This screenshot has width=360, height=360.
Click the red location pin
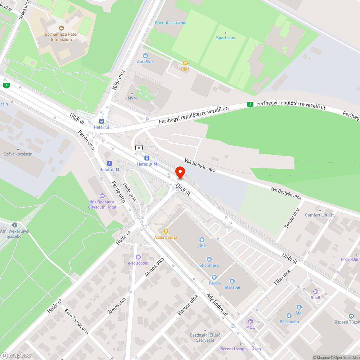[180, 172]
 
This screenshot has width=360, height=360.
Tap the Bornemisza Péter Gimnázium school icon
[61, 28]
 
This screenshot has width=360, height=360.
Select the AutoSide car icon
[145, 56]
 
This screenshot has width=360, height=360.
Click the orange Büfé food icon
[185, 63]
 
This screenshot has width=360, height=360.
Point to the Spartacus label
[225, 38]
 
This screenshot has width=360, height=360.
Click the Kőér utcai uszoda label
[171, 23]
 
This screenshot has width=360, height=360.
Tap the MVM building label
[132, 98]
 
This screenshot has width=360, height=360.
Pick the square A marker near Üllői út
[139, 147]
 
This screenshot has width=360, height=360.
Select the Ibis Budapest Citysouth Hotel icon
[102, 196]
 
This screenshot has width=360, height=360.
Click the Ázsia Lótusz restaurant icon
[166, 231]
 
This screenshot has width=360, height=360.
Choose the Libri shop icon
[202, 239]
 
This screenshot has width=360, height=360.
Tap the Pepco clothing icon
[214, 277]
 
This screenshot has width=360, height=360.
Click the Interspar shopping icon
[232, 281]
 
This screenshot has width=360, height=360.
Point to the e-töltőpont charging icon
[138, 257]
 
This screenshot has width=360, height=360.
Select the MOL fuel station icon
[250, 321]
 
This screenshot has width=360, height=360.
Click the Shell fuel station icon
[315, 292]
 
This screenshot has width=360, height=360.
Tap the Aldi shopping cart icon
[299, 307]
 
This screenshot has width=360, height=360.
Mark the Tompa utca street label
[292, 218]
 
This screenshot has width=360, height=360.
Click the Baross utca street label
[188, 305]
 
